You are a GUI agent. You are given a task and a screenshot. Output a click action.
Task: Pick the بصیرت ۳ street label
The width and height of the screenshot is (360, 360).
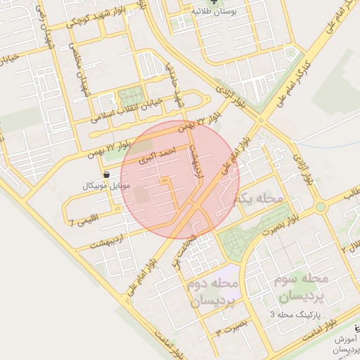coord(233,328)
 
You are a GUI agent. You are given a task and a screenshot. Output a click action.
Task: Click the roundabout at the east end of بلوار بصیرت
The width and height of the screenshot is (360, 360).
coord(321,207)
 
